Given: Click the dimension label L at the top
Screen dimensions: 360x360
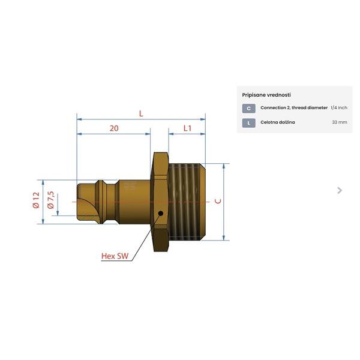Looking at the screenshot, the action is point(141,113).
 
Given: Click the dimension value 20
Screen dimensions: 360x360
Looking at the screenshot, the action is point(114,128).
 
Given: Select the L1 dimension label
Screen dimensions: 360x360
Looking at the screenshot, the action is point(188,128).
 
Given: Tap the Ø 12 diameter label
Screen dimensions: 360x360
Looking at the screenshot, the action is point(36,200).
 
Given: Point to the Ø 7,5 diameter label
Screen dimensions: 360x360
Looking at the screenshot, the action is point(50,200).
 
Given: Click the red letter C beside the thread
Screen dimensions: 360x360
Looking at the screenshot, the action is point(218,201).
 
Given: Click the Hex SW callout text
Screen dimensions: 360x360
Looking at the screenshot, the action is point(115,256).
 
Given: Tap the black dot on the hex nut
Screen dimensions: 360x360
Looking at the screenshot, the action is point(161,213).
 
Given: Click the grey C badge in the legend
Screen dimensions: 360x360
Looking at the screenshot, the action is point(248,109).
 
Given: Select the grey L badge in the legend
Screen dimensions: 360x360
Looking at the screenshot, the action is point(248,123).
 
